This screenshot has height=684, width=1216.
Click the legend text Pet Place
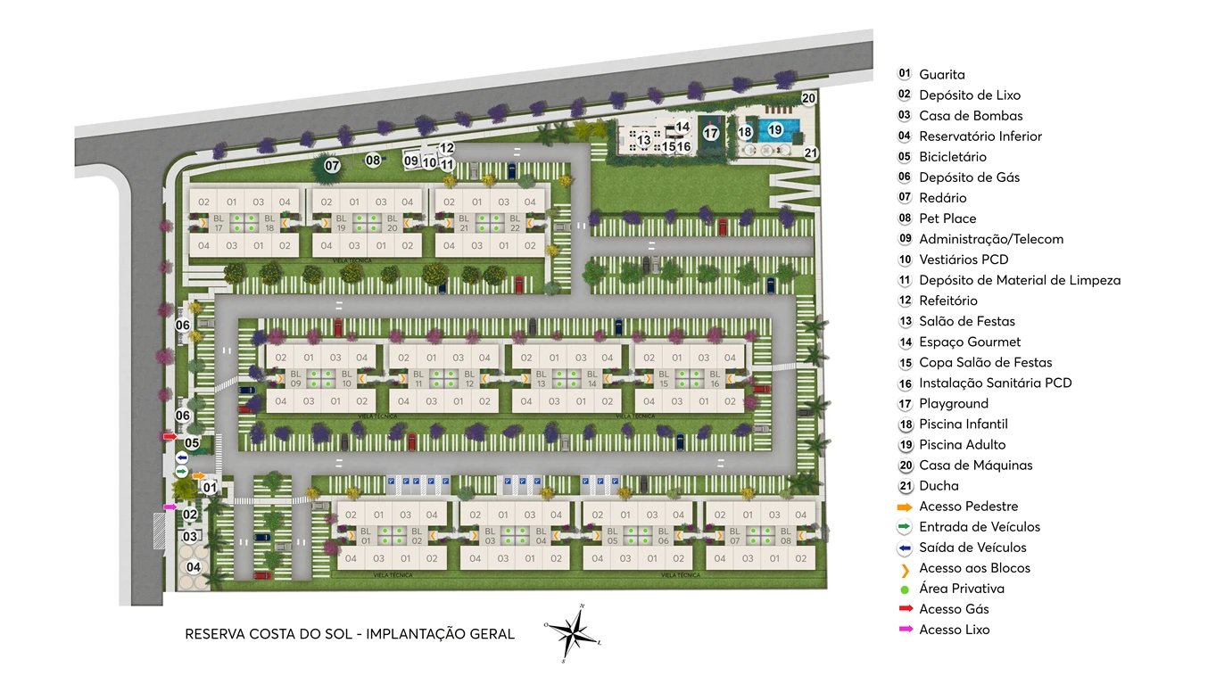tap(947, 218)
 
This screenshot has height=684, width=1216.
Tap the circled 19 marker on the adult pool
tap(775, 130)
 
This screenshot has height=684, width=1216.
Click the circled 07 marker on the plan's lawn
tap(332, 166)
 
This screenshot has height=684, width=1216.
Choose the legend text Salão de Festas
tap(967, 321)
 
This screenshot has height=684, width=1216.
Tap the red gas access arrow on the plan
tap(170, 436)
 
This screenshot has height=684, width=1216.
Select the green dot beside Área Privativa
tap(905, 589)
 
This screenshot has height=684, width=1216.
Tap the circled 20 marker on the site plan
tap(808, 98)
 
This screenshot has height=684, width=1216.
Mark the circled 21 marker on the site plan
tap(811, 152)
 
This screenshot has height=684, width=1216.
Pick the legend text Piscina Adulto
tap(962, 444)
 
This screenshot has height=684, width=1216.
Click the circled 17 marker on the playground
tap(710, 134)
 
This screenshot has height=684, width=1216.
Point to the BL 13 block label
tap(541, 378)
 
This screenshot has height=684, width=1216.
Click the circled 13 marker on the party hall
tap(643, 140)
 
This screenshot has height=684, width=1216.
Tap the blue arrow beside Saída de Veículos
tap(905, 548)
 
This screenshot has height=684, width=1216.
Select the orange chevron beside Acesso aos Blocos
tap(905, 569)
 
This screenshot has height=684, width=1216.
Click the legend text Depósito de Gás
tap(969, 177)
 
